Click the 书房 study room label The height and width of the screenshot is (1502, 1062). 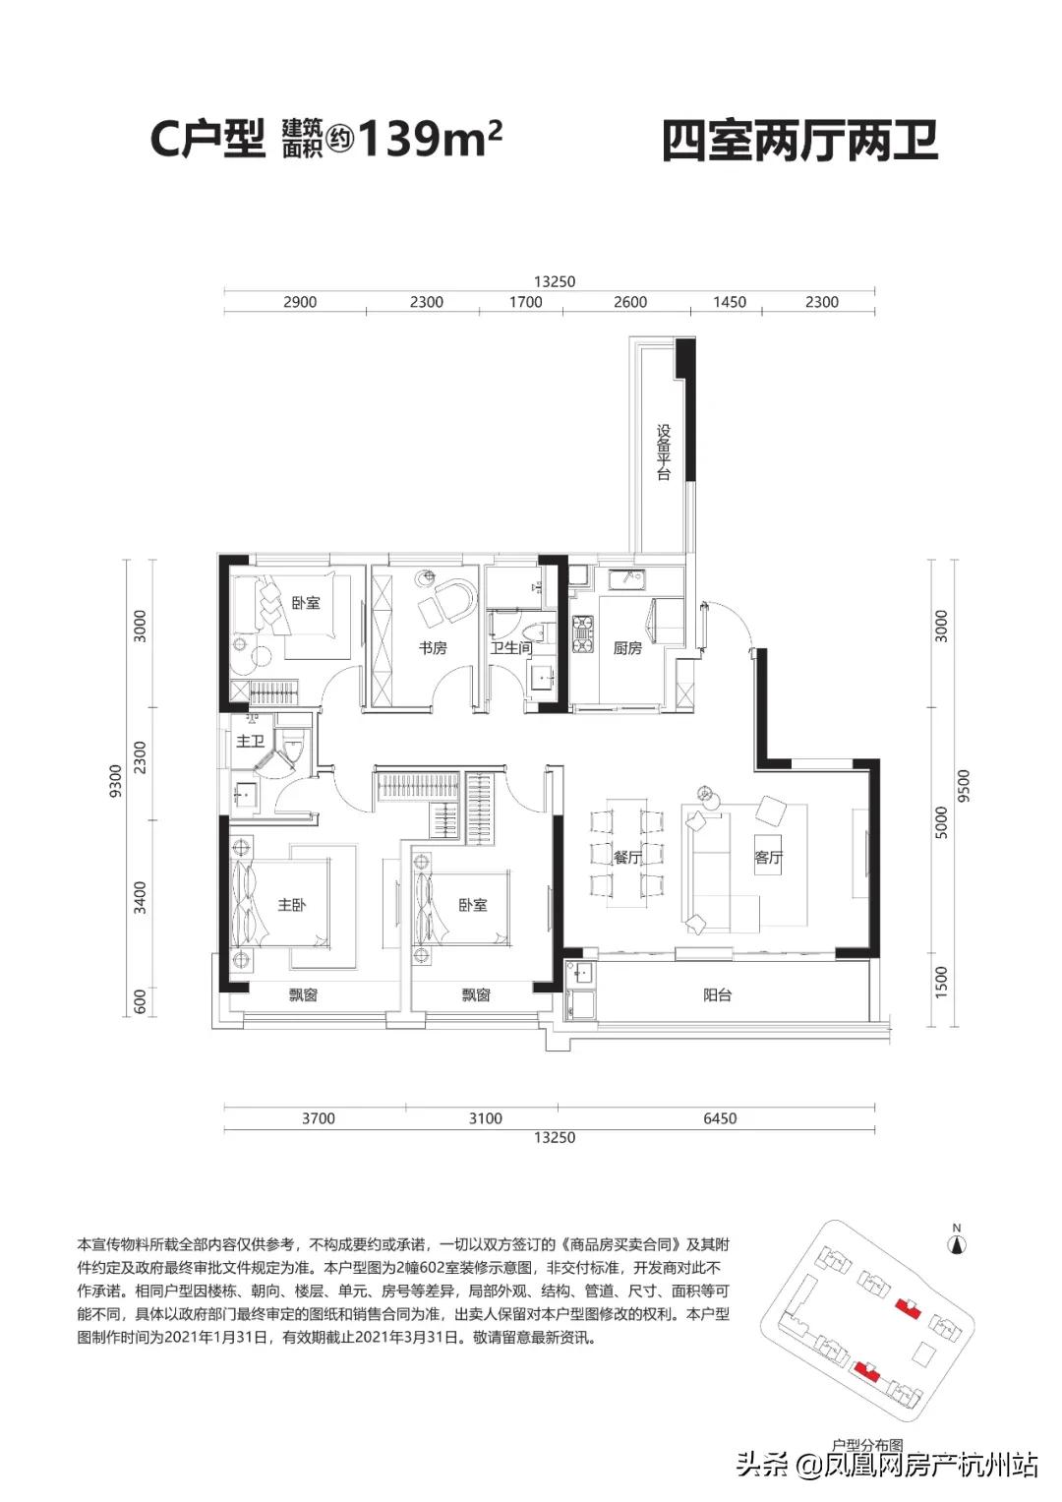[433, 648]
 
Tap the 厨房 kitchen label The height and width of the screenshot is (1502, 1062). [627, 648]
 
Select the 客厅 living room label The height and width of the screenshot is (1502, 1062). [769, 858]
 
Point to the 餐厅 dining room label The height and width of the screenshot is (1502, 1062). [627, 858]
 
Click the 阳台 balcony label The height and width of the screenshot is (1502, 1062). [718, 995]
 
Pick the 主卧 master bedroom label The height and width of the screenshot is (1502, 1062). [291, 904]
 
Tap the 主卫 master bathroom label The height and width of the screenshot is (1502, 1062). [250, 741]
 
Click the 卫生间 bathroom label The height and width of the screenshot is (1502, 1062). [511, 648]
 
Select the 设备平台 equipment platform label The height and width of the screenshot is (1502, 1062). [664, 451]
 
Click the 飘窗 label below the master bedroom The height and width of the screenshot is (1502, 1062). [303, 995]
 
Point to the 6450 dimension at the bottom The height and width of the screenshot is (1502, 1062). [720, 1118]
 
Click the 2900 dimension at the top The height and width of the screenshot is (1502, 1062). [300, 302]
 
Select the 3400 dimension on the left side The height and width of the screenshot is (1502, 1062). [140, 897]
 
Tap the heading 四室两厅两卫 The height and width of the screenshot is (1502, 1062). [799, 141]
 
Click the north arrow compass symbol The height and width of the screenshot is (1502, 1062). [955, 1242]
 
